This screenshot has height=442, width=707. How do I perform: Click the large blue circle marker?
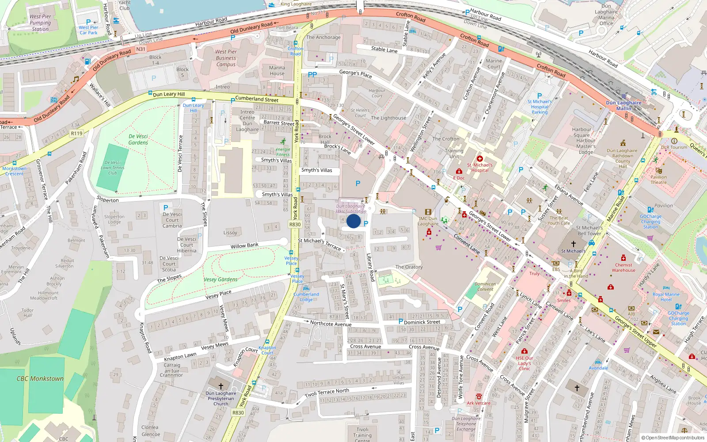(353, 221)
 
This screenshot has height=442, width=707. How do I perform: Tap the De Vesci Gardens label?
(138, 139)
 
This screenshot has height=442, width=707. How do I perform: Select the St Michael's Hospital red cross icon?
(480, 159)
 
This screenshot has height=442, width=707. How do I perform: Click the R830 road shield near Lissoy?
(295, 225)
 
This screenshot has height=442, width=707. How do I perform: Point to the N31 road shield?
(141, 49)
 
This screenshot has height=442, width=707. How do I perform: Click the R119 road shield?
(76, 133)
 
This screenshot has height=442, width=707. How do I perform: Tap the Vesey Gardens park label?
(220, 279)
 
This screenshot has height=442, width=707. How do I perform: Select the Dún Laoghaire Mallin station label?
(623, 105)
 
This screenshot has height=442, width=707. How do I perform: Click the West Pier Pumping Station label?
(40, 23)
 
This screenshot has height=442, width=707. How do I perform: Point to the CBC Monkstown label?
(40, 379)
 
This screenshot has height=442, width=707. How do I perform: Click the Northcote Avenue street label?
(331, 324)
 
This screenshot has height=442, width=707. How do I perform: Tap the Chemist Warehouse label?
(623, 267)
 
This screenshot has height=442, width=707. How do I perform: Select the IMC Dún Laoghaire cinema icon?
(428, 212)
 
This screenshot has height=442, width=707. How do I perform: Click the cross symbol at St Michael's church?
(573, 244)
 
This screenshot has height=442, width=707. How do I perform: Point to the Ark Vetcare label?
(479, 403)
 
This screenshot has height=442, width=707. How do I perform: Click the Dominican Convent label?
(485, 286)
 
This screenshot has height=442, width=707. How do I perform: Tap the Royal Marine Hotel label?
(666, 297)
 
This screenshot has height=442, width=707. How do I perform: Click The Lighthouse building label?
(388, 118)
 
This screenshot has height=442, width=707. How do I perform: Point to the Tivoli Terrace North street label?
(327, 392)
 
